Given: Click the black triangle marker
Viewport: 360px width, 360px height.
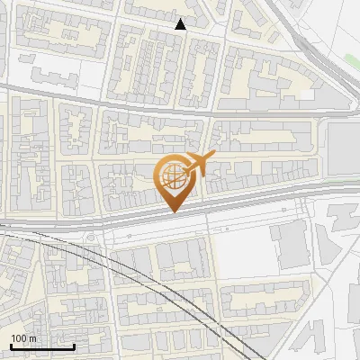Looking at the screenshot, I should (181, 24).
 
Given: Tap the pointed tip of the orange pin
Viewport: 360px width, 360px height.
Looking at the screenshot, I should (172, 212).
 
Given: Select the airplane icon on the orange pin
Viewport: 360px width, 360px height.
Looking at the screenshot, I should (199, 164).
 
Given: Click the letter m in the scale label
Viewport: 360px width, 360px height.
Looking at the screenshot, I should (32, 338).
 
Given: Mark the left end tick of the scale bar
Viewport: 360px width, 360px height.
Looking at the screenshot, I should (10, 346).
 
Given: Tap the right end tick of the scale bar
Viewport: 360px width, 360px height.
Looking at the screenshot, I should (74, 346).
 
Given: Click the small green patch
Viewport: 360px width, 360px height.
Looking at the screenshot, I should (351, 60).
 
